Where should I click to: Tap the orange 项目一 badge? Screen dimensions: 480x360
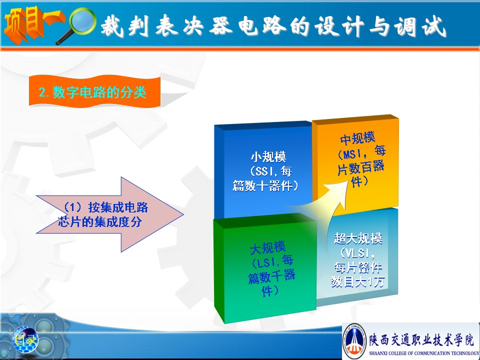pyautogui.click(x=33, y=24)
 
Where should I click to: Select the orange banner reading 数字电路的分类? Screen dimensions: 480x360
pyautogui.click(x=95, y=92)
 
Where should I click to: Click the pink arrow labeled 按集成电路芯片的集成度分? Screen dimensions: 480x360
pyautogui.click(x=109, y=214)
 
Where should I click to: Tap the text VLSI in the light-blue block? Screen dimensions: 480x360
pyautogui.click(x=355, y=253)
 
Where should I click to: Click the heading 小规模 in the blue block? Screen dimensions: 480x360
pyautogui.click(x=268, y=157)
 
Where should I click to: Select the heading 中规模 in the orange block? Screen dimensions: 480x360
pyautogui.click(x=358, y=138)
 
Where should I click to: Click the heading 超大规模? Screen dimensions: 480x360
pyautogui.click(x=358, y=238)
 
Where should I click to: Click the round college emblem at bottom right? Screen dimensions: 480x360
pyautogui.click(x=354, y=340)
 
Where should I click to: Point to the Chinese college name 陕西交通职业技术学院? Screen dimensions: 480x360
pyautogui.click(x=421, y=339)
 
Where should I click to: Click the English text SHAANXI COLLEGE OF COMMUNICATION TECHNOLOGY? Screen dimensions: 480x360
pyautogui.click(x=424, y=353)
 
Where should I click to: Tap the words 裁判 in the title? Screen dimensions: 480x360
pyautogui.click(x=124, y=25)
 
